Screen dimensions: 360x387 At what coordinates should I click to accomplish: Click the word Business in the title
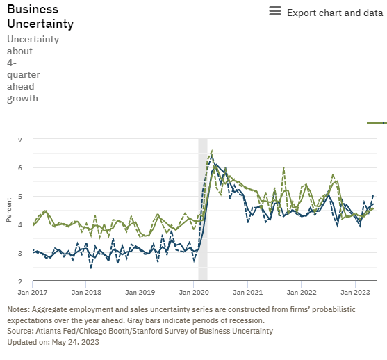click(33, 9)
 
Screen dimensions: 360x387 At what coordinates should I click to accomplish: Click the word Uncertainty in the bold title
click(40, 24)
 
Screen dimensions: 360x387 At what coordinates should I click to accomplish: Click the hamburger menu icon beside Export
click(275, 12)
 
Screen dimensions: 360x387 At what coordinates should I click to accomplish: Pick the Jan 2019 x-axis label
click(140, 293)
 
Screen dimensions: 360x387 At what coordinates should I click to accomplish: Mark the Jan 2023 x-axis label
click(356, 293)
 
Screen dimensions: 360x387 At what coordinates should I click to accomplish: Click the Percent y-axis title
click(9, 210)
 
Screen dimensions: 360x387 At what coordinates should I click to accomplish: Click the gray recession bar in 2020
click(203, 208)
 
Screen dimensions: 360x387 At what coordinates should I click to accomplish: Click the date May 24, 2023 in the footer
click(73, 342)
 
